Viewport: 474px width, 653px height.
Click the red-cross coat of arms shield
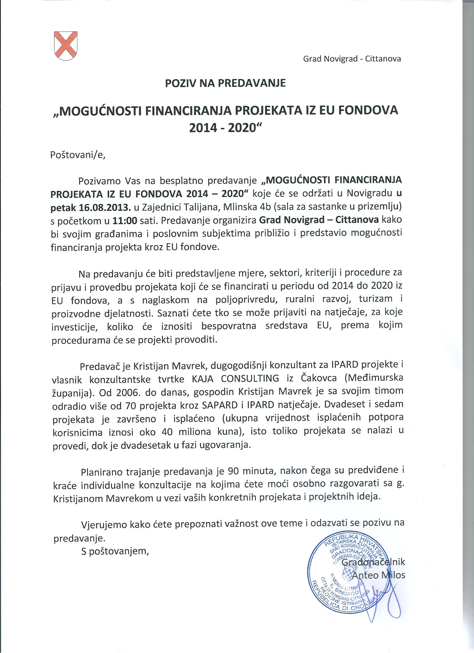[x=66, y=46]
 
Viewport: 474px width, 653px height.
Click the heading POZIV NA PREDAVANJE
[x=225, y=83]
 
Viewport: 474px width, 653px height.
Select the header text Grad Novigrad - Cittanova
[x=352, y=59]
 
